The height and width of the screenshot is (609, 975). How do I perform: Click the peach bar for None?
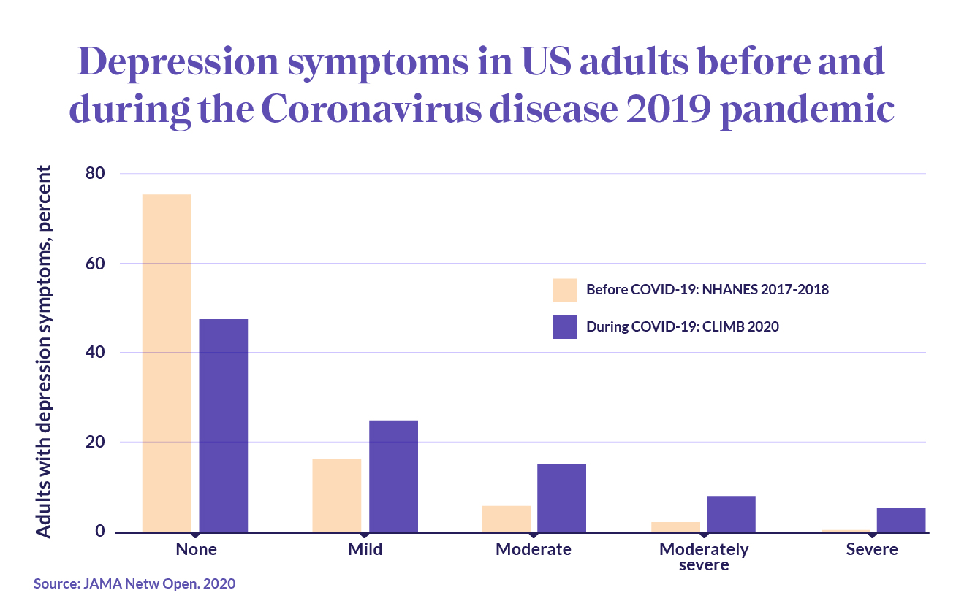(167, 363)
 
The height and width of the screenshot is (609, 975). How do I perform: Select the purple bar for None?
(224, 426)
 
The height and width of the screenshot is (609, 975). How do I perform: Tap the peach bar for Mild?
(336, 495)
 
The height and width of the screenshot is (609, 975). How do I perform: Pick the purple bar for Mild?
(393, 476)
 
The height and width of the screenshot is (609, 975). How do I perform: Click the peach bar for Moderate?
(506, 518)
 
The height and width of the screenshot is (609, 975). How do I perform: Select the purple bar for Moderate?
(561, 498)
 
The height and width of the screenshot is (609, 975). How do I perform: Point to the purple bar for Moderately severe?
(731, 514)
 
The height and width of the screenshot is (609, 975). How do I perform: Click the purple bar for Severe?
(900, 520)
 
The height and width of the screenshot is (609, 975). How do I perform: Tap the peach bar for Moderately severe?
(675, 526)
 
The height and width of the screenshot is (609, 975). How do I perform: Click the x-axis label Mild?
(365, 549)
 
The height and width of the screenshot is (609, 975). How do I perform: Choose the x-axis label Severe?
(871, 549)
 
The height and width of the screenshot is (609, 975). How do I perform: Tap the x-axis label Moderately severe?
(703, 556)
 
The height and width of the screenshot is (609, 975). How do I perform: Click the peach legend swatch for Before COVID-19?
(565, 290)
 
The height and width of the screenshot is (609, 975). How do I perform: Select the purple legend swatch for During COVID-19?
(565, 326)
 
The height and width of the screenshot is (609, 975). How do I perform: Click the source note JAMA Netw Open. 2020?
(134, 584)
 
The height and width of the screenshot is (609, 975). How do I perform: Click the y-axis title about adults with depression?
(45, 352)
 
